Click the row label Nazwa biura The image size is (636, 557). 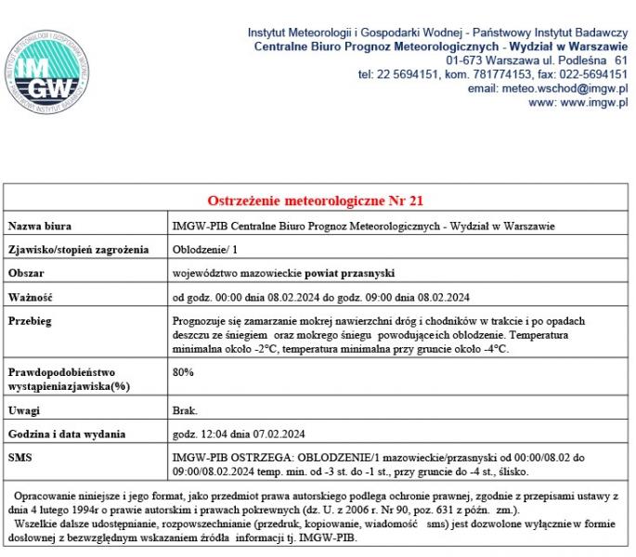point(40,226)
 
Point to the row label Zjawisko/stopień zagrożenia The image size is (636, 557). point(78,250)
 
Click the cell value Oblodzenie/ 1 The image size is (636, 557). point(206,250)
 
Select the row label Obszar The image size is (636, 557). point(26,274)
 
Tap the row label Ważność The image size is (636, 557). point(31,298)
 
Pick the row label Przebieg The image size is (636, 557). point(30,321)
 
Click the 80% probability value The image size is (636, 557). point(184,372)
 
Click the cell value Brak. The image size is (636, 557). point(186,410)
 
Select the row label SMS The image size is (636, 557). point(19,458)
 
